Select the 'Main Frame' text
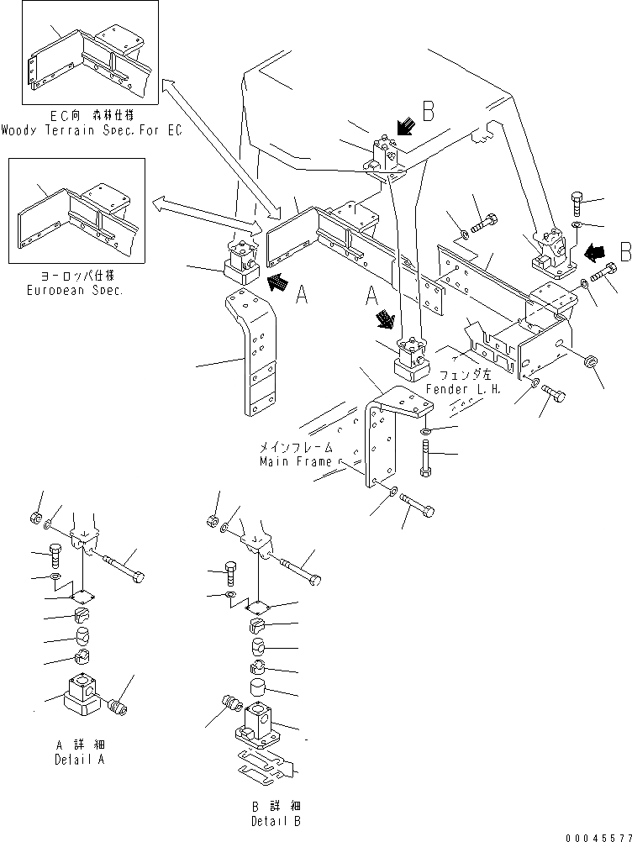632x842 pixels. pyautogui.click(x=296, y=461)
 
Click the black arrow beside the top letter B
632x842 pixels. pyautogui.click(x=405, y=127)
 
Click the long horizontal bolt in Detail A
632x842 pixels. pyautogui.click(x=126, y=566)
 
